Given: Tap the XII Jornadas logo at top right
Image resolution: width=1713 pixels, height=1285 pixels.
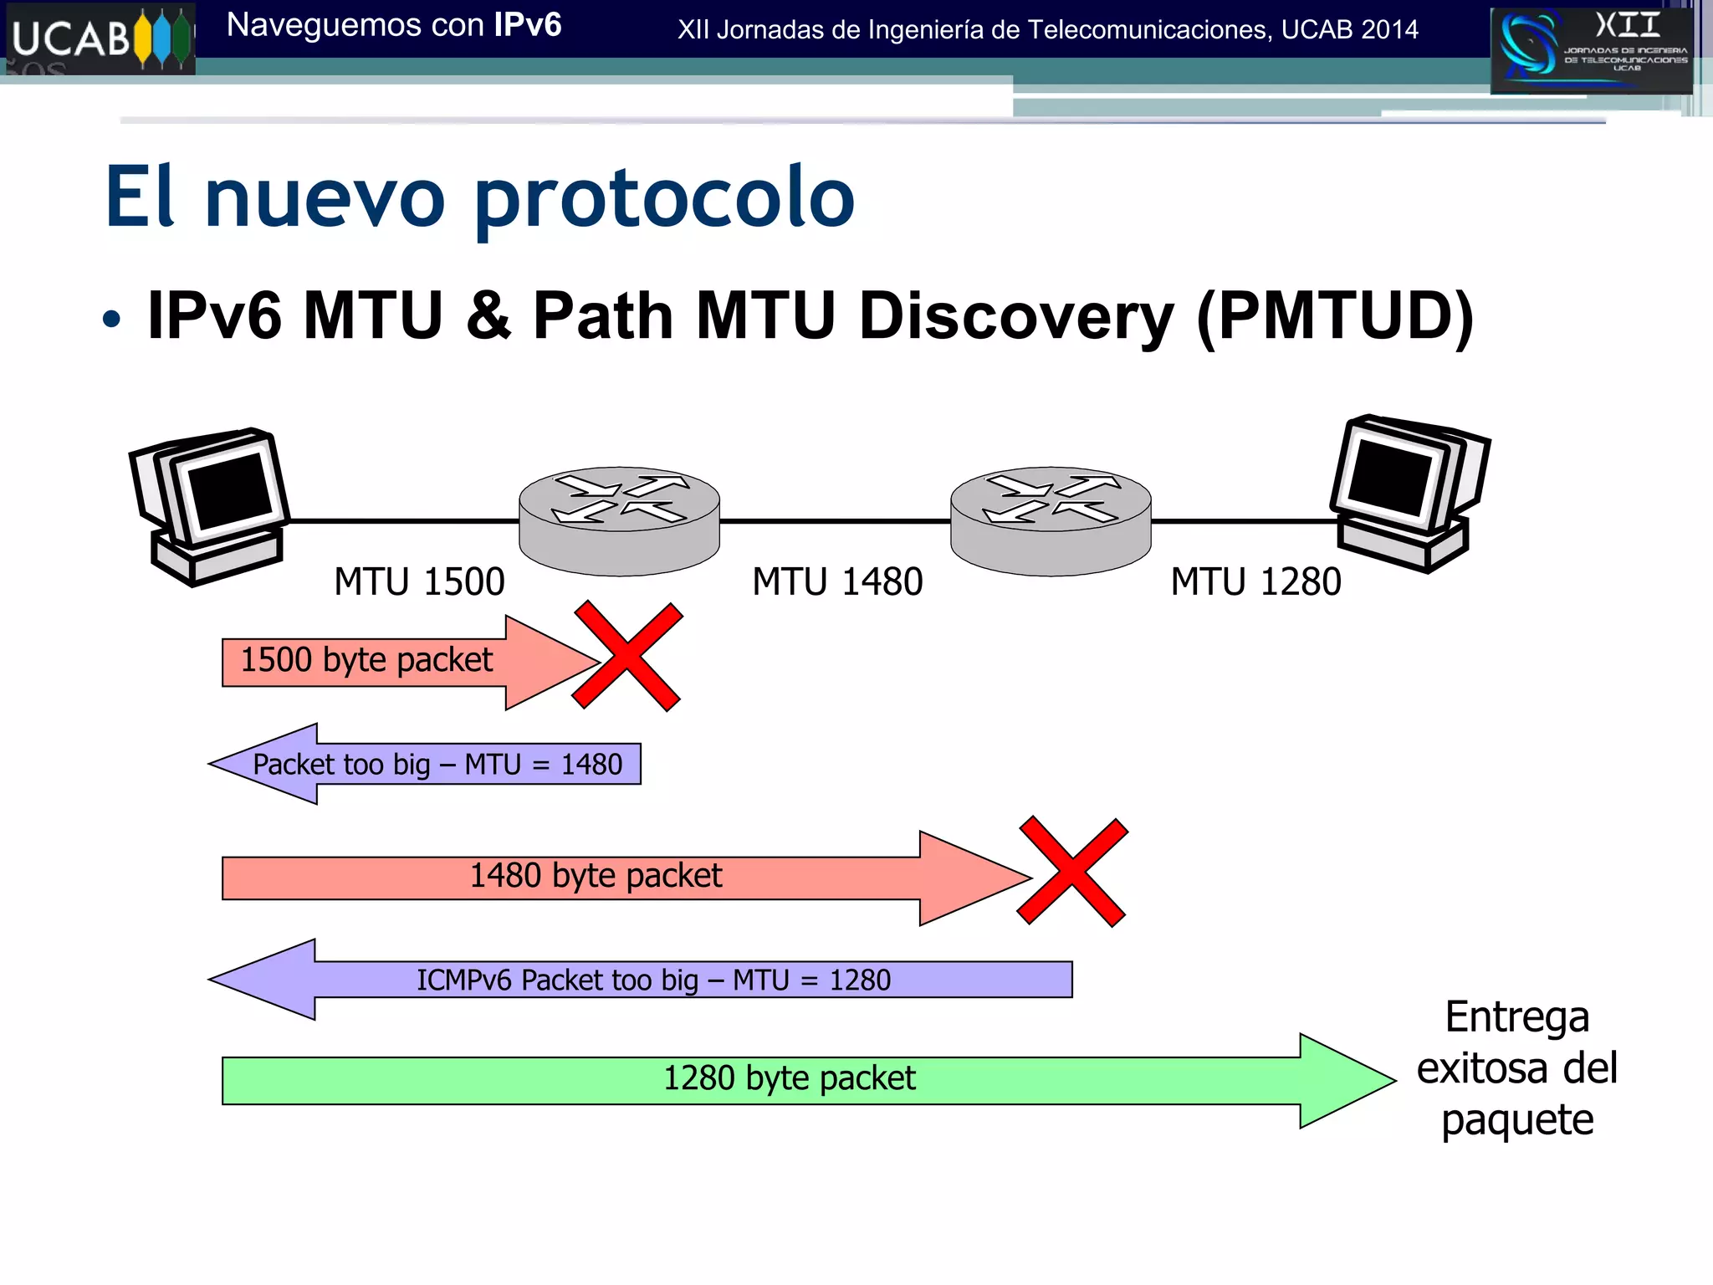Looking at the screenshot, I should click(1592, 49).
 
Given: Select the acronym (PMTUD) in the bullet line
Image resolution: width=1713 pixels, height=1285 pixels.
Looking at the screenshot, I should click(1335, 316).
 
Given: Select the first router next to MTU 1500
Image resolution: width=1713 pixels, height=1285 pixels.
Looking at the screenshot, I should click(619, 520).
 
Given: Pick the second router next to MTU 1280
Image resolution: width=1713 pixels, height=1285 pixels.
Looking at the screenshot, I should click(1051, 520).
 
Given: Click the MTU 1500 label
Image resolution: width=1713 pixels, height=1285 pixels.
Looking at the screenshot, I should click(419, 581).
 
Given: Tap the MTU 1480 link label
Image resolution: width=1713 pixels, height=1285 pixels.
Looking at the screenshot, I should click(837, 581).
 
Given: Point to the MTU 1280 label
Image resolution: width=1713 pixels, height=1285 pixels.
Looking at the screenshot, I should click(1255, 581).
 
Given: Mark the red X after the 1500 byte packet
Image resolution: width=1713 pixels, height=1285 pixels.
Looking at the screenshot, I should click(627, 655).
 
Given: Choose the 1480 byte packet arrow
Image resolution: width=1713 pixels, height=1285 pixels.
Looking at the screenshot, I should click(596, 877).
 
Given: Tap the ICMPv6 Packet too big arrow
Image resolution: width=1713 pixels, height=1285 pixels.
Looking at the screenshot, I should click(652, 980).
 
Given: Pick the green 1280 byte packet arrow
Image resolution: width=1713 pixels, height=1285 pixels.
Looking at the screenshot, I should click(789, 1079).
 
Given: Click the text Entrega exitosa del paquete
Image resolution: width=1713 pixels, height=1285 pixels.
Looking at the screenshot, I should click(1516, 1068).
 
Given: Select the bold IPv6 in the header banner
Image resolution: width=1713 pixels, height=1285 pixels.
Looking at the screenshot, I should click(527, 25).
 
